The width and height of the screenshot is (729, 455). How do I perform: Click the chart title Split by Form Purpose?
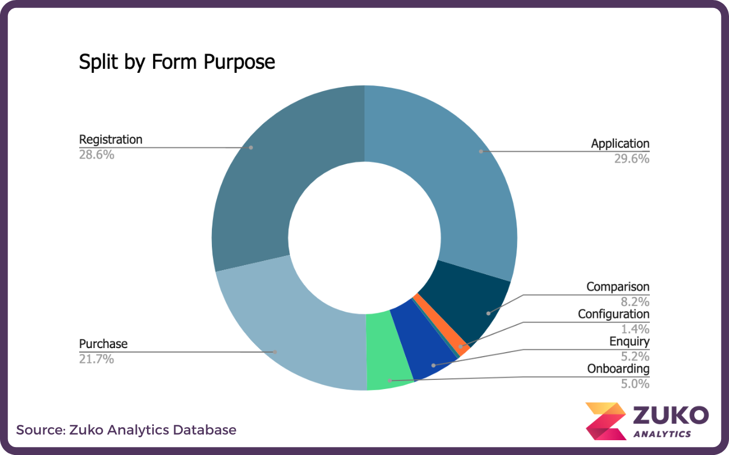[x=177, y=62]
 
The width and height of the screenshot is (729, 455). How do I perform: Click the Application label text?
[x=620, y=144]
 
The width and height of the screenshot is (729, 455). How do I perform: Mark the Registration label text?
[x=110, y=139]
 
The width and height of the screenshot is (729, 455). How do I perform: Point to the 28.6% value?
[x=96, y=154]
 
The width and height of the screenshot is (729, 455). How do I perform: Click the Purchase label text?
[x=103, y=344]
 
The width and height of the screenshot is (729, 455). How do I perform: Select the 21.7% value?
[x=96, y=359]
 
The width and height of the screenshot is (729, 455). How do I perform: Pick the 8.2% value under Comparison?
[x=634, y=302]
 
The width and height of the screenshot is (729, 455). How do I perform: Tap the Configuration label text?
[x=613, y=314]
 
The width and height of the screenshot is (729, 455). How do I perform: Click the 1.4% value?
[x=634, y=329]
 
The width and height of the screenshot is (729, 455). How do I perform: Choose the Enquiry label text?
[x=629, y=342]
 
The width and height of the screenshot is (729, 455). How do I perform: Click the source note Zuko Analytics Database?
[x=126, y=430]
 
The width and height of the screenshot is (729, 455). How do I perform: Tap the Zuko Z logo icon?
[x=605, y=421]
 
